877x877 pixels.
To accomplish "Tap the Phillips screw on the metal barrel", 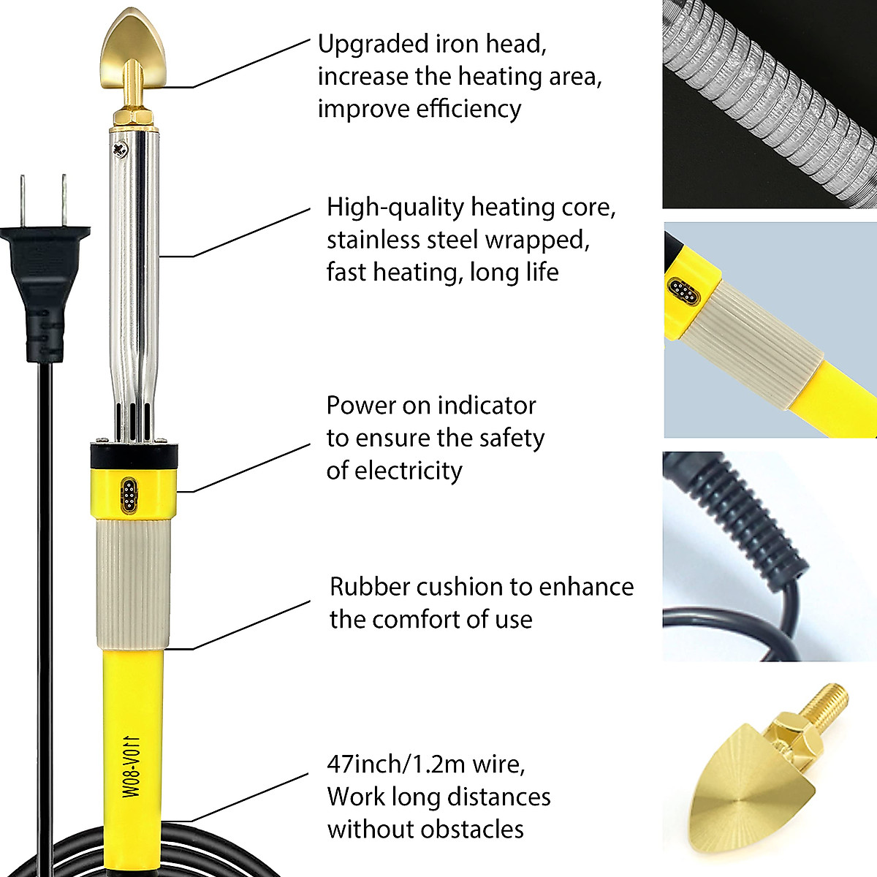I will click(x=119, y=149).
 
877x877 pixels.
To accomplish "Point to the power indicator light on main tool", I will click(x=129, y=493).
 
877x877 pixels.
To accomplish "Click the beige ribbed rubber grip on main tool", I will click(x=132, y=585).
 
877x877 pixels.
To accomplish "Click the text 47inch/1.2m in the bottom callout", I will click(x=395, y=764).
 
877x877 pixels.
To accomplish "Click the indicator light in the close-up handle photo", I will click(x=683, y=292).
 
